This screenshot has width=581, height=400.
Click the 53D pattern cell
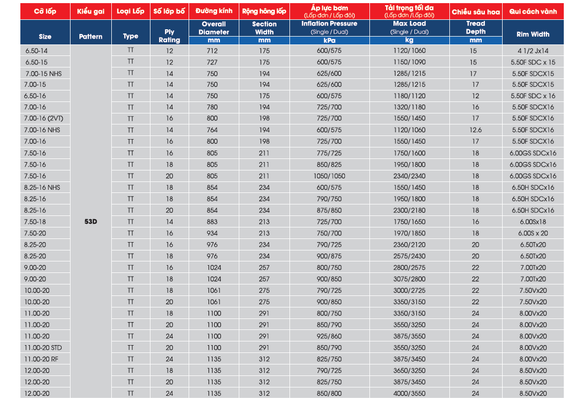click(91, 222)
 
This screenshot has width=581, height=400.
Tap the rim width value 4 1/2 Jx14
click(533, 51)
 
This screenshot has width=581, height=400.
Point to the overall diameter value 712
click(214, 51)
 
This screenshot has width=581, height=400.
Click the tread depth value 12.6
click(475, 130)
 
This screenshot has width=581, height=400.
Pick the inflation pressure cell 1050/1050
click(329, 176)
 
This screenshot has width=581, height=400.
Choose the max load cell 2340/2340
click(409, 176)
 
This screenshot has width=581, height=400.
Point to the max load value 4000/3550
click(409, 394)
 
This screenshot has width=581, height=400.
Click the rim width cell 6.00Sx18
click(533, 222)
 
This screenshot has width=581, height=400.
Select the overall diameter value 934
click(214, 233)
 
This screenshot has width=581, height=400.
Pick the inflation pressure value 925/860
click(329, 336)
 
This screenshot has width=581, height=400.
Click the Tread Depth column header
click(475, 28)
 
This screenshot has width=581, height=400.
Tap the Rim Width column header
click(533, 35)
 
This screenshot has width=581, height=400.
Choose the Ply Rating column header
click(169, 36)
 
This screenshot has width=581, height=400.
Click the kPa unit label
click(329, 40)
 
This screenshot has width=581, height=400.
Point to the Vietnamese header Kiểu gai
click(91, 12)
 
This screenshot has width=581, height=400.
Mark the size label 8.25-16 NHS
click(42, 188)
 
